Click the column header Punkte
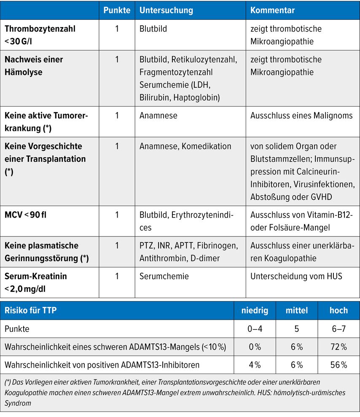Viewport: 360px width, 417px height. pyautogui.click(x=117, y=10)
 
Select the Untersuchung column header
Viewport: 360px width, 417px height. pyautogui.click(x=166, y=10)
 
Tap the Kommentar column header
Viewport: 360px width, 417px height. pyautogui.click(x=273, y=10)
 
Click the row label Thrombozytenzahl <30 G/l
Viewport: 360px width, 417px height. pyautogui.click(x=40, y=35)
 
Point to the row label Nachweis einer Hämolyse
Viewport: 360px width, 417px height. pyautogui.click(x=34, y=66)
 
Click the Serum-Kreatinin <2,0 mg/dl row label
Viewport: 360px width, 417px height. pyautogui.click(x=35, y=282)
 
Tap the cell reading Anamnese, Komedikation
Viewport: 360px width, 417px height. pyautogui.click(x=185, y=146)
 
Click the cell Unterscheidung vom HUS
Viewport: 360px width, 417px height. pyautogui.click(x=296, y=277)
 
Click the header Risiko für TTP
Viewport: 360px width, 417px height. pyautogui.click(x=30, y=311)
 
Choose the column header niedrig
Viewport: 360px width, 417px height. pyautogui.click(x=255, y=311)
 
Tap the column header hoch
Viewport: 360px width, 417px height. pyautogui.click(x=339, y=311)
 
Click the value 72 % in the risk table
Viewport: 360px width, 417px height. pyautogui.click(x=339, y=347)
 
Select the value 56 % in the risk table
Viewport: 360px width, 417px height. pyautogui.click(x=339, y=365)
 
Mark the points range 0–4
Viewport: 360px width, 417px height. pyautogui.click(x=255, y=329)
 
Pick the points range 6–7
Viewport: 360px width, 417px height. pyautogui.click(x=339, y=329)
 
